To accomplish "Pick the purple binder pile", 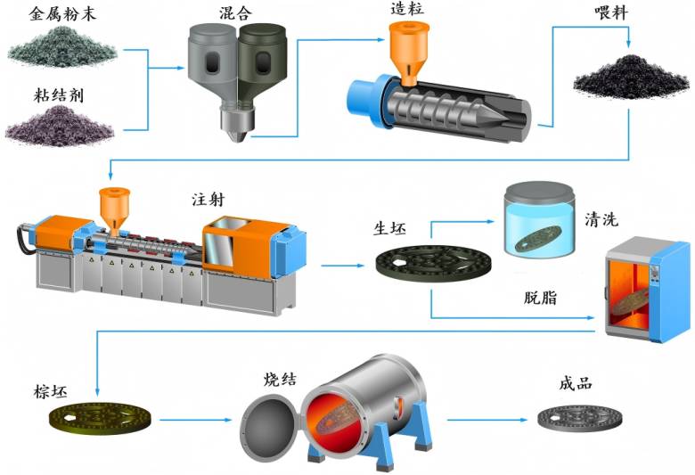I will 60,121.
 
